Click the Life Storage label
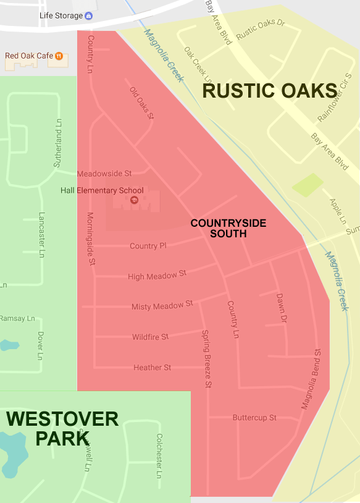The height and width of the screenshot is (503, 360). coord(61,15)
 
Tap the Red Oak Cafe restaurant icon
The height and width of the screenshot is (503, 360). coord(59,56)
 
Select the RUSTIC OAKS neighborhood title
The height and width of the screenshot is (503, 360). coord(269,91)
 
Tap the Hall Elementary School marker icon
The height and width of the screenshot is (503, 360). coord(133,200)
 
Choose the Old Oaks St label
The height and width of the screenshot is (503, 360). coord(141,103)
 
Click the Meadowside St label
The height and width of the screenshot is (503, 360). coord(104,174)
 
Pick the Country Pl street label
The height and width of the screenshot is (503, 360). coord(148,246)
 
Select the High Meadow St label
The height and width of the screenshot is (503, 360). coord(157,276)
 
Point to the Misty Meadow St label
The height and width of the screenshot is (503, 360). coord(162,306)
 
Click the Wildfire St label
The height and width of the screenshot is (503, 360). coord(150,337)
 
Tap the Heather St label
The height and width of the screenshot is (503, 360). coord(152,368)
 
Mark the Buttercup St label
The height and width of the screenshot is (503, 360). coord(254,418)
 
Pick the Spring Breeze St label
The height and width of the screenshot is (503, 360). coord(207,359)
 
